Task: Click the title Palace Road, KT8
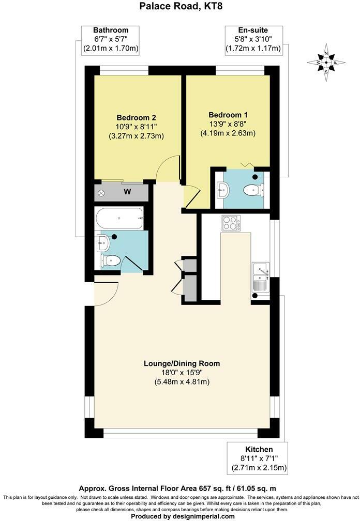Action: tap(180, 7)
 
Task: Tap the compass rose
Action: tap(326, 63)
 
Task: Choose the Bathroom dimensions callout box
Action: tap(111, 40)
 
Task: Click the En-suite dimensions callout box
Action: tap(253, 40)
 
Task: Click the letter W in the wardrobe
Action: tap(126, 192)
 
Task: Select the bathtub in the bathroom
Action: tap(119, 219)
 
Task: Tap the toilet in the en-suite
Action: tap(253, 190)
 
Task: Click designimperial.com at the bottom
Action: tap(203, 516)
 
